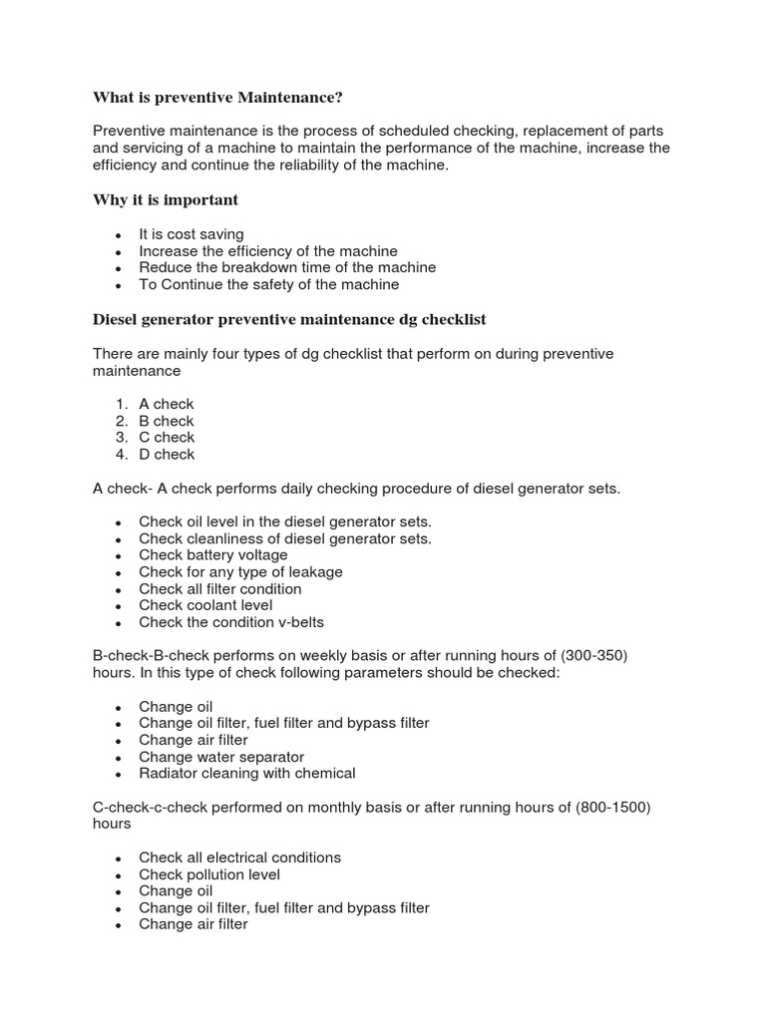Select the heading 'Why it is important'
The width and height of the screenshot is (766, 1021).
[x=166, y=200]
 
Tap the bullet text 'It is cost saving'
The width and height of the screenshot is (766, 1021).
[x=191, y=234]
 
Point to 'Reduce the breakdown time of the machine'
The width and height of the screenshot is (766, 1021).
[x=287, y=267]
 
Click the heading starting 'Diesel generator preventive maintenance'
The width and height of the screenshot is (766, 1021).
[x=289, y=319]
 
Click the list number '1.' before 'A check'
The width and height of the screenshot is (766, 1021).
[x=121, y=404]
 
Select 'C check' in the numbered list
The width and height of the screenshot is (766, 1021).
[x=167, y=437]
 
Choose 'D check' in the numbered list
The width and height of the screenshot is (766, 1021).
[x=167, y=454]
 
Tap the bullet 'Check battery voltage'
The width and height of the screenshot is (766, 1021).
[x=213, y=554]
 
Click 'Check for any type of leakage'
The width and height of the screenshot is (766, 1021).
[x=240, y=571]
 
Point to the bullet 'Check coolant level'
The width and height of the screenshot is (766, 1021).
[x=205, y=604]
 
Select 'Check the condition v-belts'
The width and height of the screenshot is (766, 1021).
[x=231, y=621]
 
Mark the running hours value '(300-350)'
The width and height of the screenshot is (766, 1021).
[x=593, y=655]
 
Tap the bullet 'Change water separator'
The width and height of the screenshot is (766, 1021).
[x=221, y=757]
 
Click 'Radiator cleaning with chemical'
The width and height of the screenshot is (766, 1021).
[x=247, y=773]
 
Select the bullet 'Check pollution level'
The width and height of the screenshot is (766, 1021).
[x=209, y=874]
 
